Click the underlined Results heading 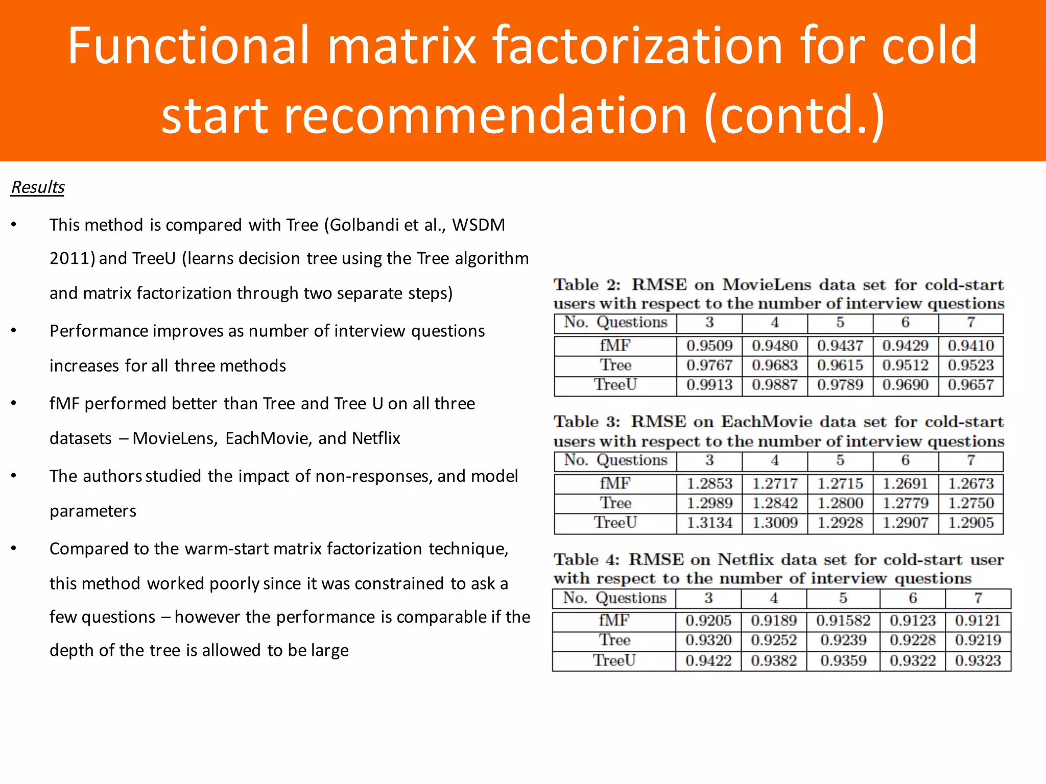38,187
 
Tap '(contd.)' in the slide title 794,116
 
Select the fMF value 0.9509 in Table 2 709,346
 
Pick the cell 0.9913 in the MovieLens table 709,385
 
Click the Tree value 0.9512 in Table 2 906,365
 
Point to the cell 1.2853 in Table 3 709,483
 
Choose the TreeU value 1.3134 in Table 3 709,523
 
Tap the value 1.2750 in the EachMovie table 971,503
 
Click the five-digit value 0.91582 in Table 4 843,621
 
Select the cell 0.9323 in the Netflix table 978,660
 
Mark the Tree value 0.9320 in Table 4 708,640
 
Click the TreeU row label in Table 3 615,523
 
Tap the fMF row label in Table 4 614,621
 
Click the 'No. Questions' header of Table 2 615,323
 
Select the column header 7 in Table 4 978,598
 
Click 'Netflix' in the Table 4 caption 746,560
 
